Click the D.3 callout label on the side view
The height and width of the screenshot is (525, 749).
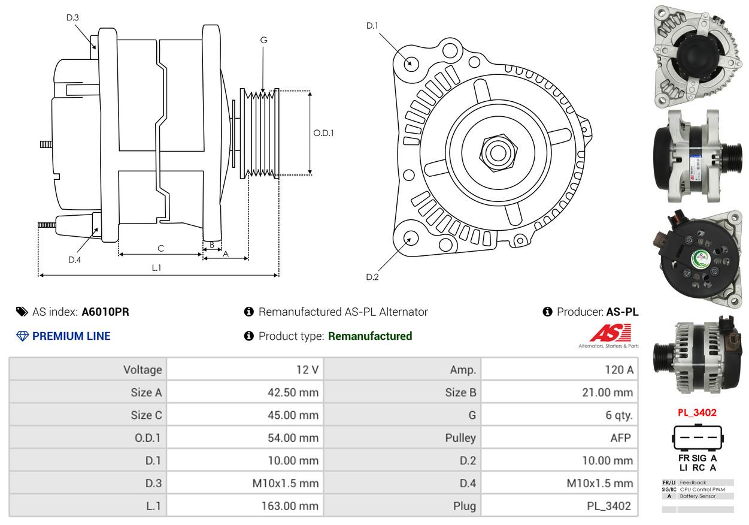(x=72, y=17)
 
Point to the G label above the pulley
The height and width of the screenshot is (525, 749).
(x=263, y=40)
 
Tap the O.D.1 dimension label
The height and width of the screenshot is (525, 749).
(x=323, y=132)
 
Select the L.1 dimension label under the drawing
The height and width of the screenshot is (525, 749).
(x=156, y=268)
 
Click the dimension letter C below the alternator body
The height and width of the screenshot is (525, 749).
(x=160, y=248)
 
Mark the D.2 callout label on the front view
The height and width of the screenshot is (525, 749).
(x=372, y=277)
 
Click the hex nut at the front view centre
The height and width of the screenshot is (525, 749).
(x=497, y=152)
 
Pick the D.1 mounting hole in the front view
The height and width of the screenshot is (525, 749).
(x=411, y=63)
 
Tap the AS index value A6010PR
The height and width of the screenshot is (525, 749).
(x=105, y=312)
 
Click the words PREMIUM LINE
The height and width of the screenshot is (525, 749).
(x=71, y=336)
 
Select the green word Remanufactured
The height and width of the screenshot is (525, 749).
(x=370, y=336)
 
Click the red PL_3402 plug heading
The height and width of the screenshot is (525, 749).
(x=697, y=412)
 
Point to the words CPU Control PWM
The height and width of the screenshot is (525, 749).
(x=702, y=489)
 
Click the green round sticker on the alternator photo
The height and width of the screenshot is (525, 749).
(x=701, y=260)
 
